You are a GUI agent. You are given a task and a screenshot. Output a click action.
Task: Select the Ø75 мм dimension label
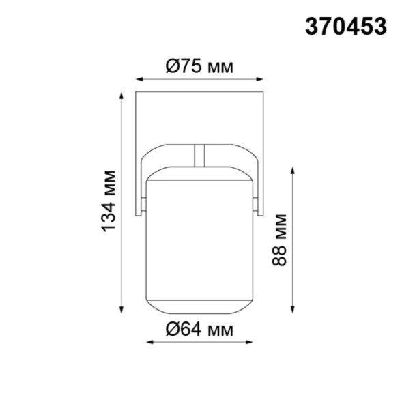coord(199,67)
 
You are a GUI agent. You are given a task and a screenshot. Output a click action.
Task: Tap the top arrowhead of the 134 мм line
coord(121,94)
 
